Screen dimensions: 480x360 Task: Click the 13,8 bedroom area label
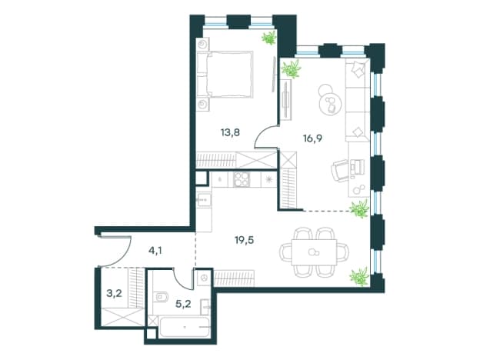tap(230, 132)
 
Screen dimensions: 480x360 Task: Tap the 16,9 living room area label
tap(312, 138)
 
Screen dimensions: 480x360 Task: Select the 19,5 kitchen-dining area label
tap(245, 240)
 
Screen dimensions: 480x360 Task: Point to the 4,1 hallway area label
tap(155, 251)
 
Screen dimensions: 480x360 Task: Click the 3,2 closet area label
tap(114, 294)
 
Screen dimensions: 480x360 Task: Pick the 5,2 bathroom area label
tap(184, 304)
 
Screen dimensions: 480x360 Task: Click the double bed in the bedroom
tap(225, 75)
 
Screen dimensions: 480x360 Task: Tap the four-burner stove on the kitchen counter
tap(242, 179)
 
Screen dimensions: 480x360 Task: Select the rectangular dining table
tap(314, 252)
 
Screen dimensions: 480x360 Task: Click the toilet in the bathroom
tap(161, 297)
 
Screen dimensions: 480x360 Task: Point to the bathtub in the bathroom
tap(184, 327)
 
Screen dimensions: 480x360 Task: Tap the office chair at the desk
tap(339, 171)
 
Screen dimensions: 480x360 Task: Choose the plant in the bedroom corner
tap(269, 38)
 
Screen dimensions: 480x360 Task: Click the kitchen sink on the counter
tap(204, 201)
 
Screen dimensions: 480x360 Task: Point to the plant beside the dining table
tap(359, 276)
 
